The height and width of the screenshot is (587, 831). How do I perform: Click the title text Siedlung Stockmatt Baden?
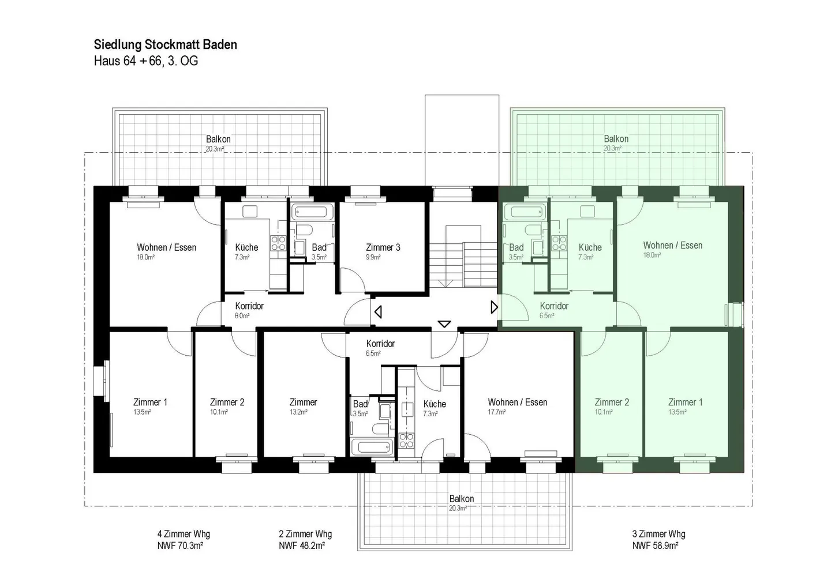[x=166, y=45]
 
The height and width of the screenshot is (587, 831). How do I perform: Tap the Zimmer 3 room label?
[x=383, y=247]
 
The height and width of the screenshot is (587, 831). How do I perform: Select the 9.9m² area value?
[x=373, y=257]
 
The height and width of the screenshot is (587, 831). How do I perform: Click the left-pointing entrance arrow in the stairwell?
[x=378, y=311]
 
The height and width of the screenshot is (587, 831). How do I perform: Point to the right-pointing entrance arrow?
[x=494, y=307]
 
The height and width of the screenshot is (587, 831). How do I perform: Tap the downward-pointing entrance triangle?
[x=444, y=324]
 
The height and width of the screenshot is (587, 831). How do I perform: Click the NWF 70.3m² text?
[x=180, y=545]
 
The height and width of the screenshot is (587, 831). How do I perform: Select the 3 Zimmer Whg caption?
[x=659, y=534]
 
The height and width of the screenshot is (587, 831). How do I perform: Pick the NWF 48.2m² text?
[x=302, y=545]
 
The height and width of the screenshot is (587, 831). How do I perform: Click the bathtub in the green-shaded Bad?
[x=525, y=212]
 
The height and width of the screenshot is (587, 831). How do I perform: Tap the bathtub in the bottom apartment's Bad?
[x=372, y=447]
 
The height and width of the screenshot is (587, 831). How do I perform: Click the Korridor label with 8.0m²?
[x=249, y=306]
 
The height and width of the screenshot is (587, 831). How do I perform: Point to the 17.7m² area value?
[x=497, y=412]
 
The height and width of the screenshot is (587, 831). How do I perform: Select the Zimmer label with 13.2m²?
[x=303, y=402]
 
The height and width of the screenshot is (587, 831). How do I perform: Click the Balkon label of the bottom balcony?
[x=462, y=499]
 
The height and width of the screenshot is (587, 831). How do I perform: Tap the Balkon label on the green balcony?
[x=616, y=139]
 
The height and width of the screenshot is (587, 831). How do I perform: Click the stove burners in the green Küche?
[x=559, y=243]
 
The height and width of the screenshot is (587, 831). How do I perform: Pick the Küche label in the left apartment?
[x=246, y=247]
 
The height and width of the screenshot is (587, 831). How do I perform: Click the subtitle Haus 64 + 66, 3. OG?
[x=146, y=61]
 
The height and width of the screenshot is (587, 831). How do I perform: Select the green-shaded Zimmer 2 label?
[x=612, y=402]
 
